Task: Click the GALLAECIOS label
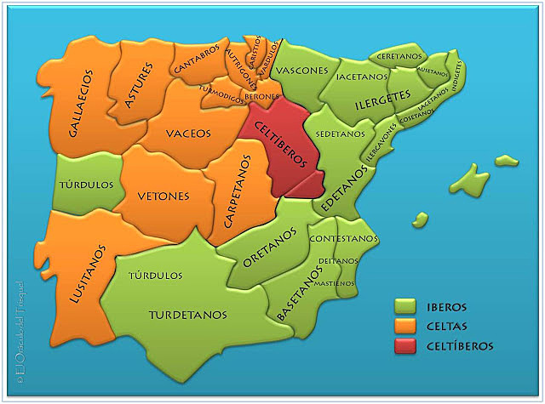point(83,105)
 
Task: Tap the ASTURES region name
point(139,85)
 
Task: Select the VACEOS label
point(190,133)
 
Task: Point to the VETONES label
point(163,196)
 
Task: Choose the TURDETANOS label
point(188,315)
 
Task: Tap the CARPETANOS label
point(238,192)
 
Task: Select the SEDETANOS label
point(335,134)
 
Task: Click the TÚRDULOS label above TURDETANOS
point(155,276)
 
